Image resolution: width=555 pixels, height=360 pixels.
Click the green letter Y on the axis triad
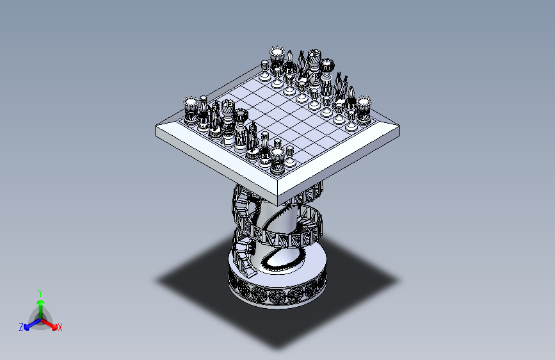40,292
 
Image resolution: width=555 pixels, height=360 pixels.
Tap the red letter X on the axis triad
60,328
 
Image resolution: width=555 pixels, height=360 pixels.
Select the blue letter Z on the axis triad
21,327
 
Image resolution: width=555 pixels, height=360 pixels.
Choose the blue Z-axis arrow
29,323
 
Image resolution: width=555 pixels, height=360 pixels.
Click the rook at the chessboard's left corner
191,110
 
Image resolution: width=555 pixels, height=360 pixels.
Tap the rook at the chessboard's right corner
364,108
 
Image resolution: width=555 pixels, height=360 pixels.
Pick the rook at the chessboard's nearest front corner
277,160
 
